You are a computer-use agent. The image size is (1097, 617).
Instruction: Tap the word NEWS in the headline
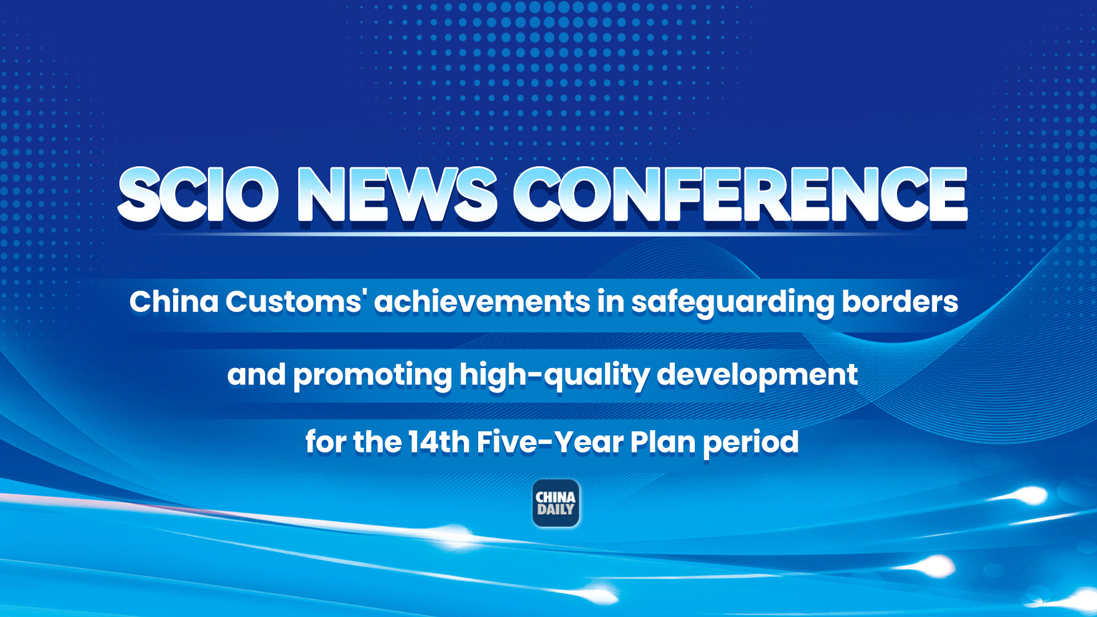[x=397, y=195]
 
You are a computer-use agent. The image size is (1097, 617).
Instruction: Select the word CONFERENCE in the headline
[x=740, y=195]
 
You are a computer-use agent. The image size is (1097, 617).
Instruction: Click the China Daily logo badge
[x=556, y=503]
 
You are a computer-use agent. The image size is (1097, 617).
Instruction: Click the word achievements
[x=482, y=302]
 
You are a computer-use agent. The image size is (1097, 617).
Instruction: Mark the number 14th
[x=439, y=442]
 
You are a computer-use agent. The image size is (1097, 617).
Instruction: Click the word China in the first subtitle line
[x=174, y=302]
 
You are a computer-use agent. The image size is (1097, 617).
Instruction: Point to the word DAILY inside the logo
[x=555, y=510]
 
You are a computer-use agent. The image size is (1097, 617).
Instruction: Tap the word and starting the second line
[x=256, y=375]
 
